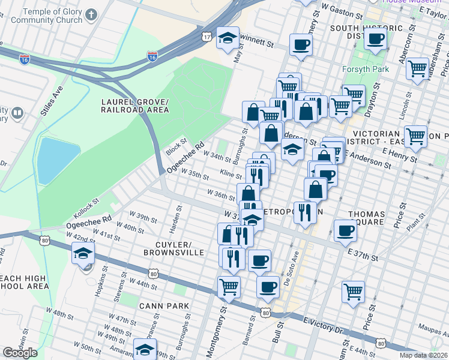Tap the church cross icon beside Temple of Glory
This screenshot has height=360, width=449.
[91, 13]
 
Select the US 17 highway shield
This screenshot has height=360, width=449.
[206, 37]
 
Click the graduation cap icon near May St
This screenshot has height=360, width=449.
[228, 38]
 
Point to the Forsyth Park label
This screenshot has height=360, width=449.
[367, 69]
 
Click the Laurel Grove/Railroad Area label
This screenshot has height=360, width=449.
[134, 106]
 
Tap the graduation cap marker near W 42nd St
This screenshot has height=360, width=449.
[83, 253]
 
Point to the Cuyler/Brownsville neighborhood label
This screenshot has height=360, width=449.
[167, 248]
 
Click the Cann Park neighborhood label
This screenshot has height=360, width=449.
[164, 306]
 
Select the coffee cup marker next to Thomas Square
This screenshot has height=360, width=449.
[345, 230]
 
